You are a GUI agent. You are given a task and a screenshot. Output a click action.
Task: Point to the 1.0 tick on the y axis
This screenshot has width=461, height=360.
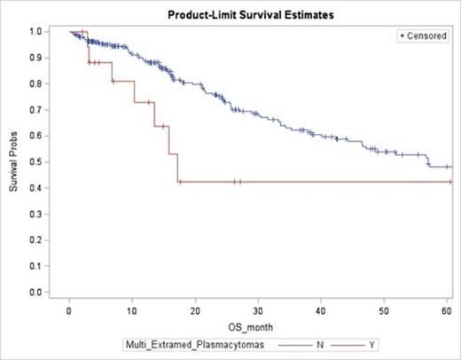[x=36, y=32]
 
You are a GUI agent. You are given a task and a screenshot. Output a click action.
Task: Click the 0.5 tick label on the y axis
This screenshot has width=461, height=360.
[x=36, y=162]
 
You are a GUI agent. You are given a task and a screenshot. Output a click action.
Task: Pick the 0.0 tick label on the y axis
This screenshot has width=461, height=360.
[x=36, y=292]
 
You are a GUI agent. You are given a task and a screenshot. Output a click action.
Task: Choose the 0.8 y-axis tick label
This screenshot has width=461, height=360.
[x=36, y=84]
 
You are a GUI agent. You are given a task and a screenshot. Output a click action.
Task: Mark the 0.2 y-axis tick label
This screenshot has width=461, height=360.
[x=36, y=239]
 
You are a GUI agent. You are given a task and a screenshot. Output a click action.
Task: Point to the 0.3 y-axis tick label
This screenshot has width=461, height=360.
[x=36, y=214]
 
